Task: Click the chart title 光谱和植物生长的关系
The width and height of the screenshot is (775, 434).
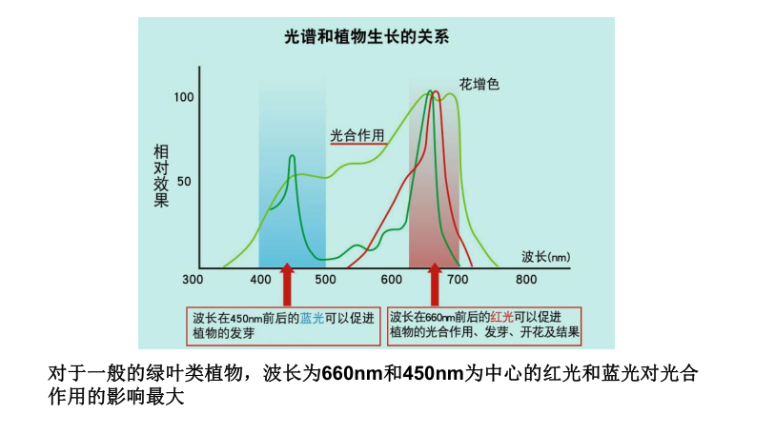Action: [367, 38]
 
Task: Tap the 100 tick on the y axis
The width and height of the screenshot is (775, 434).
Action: [184, 97]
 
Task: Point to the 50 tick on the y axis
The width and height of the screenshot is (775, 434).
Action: [185, 181]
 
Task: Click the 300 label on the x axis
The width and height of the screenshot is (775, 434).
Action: [193, 280]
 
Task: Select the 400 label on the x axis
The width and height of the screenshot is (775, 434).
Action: [260, 280]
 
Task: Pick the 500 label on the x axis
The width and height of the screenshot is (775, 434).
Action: [325, 280]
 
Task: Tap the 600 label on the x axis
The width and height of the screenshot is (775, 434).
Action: [391, 280]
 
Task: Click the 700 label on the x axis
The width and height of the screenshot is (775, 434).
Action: [459, 280]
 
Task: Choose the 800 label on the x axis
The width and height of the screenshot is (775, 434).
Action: [525, 280]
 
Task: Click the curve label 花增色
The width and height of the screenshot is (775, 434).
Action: [479, 85]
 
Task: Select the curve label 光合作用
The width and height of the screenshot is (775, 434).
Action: [357, 135]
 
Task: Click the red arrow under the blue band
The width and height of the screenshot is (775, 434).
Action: [287, 286]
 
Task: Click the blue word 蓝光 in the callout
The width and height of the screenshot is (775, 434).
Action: [312, 317]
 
